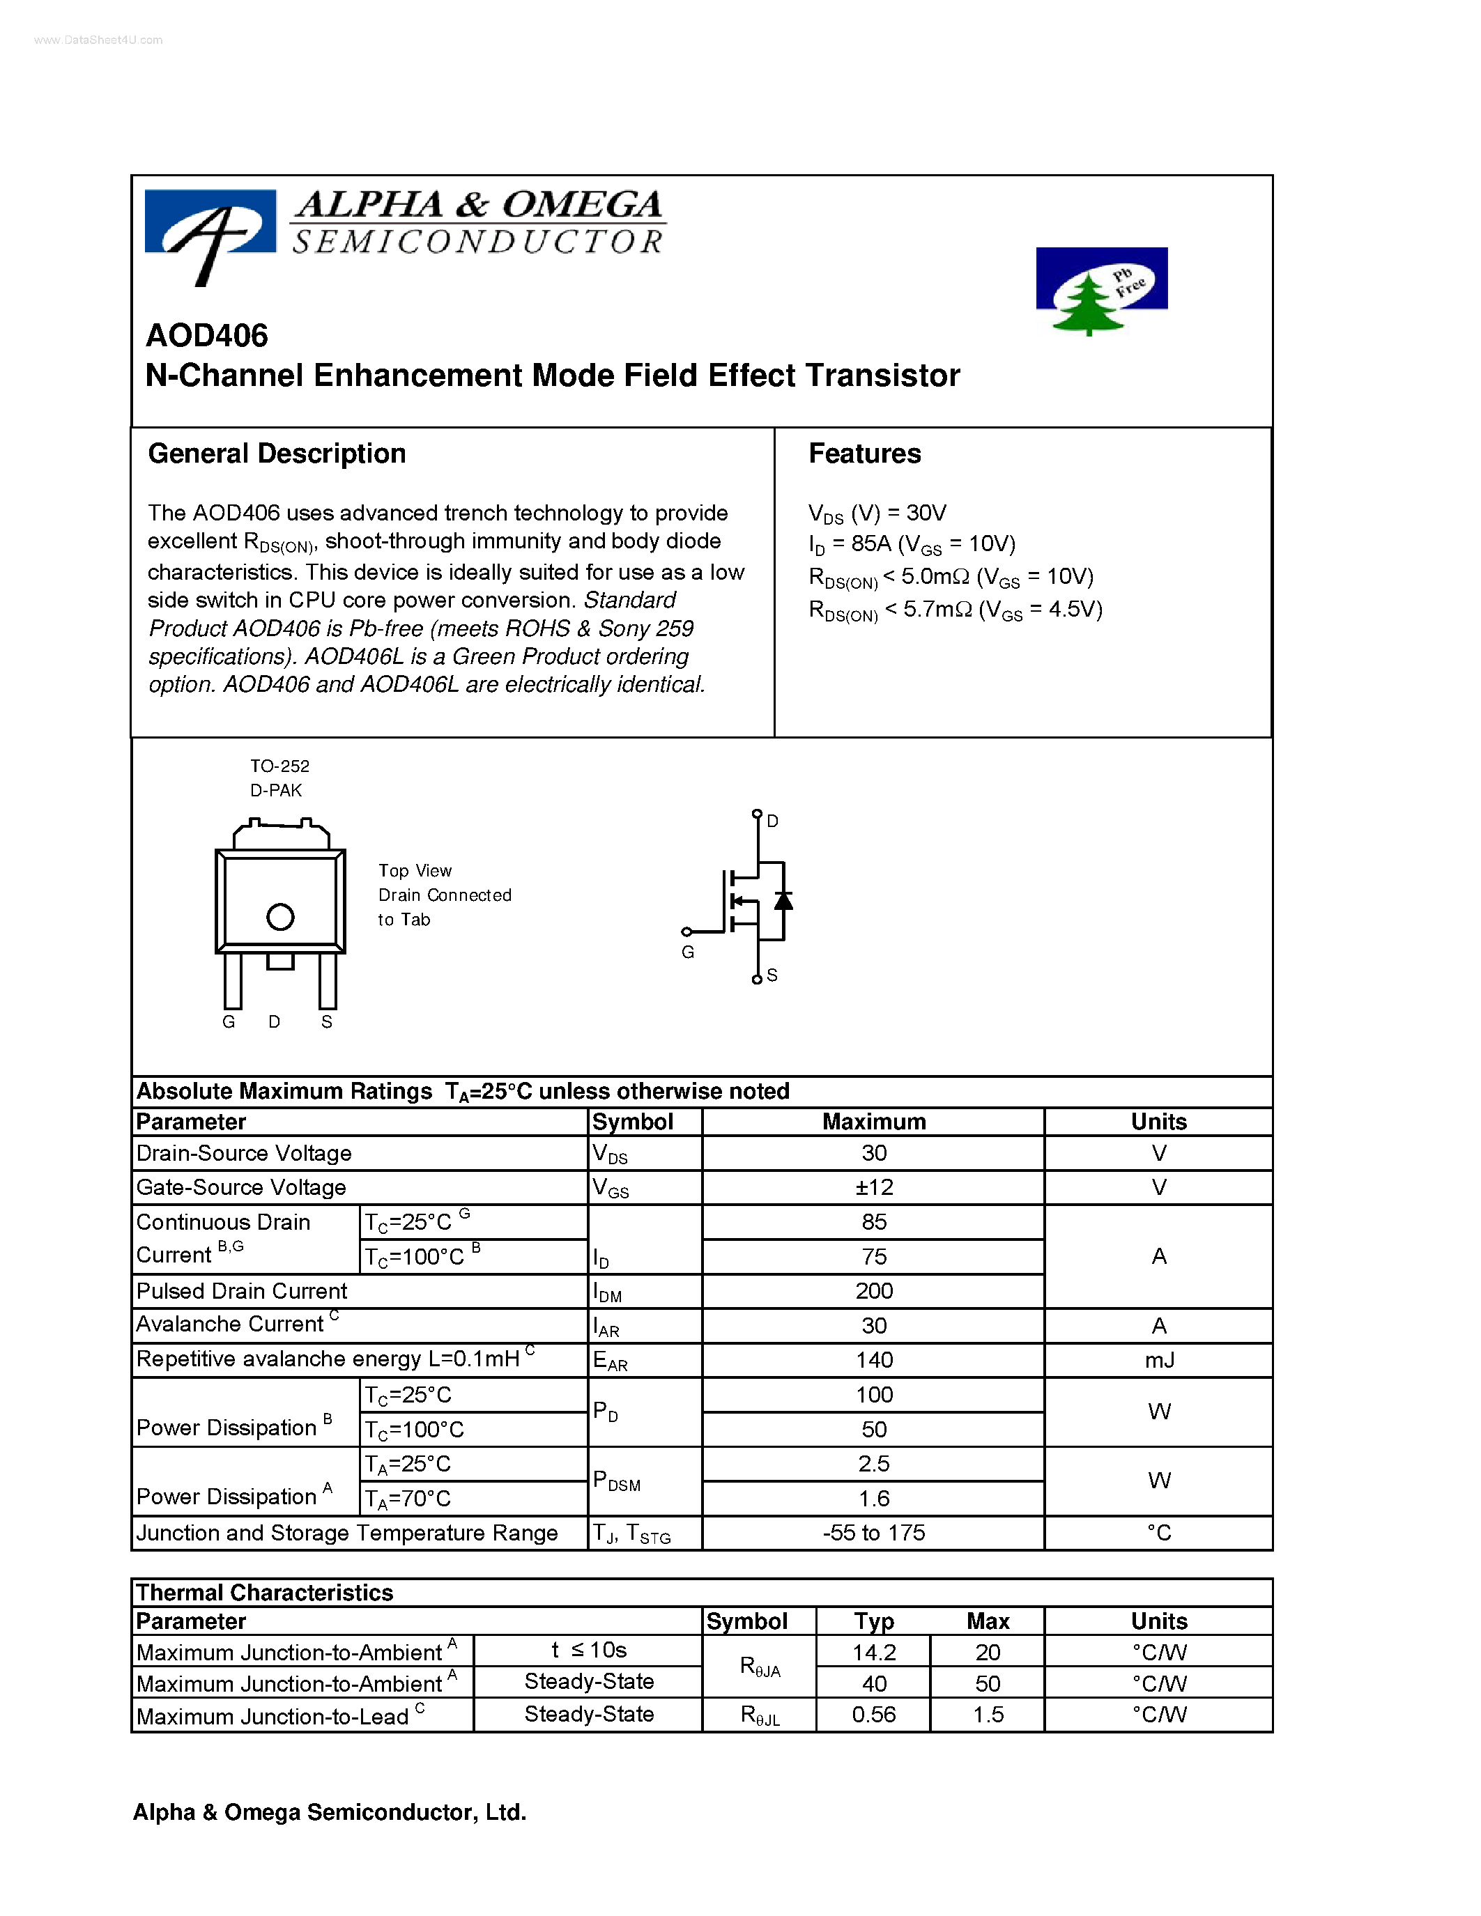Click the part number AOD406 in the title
click(207, 335)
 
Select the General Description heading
click(277, 454)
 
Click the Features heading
click(864, 454)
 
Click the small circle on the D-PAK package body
click(280, 917)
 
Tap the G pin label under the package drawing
click(229, 1022)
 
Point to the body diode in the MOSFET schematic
click(783, 901)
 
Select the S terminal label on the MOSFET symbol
click(772, 975)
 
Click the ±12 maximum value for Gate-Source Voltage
click(874, 1187)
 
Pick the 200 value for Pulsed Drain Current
click(874, 1290)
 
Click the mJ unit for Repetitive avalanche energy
click(1158, 1360)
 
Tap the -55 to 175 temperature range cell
click(874, 1533)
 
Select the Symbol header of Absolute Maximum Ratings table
click(633, 1122)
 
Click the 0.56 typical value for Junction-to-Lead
click(874, 1714)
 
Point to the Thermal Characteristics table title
click(265, 1592)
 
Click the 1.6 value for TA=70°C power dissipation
click(874, 1499)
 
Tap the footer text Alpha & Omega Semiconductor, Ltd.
click(329, 1812)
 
